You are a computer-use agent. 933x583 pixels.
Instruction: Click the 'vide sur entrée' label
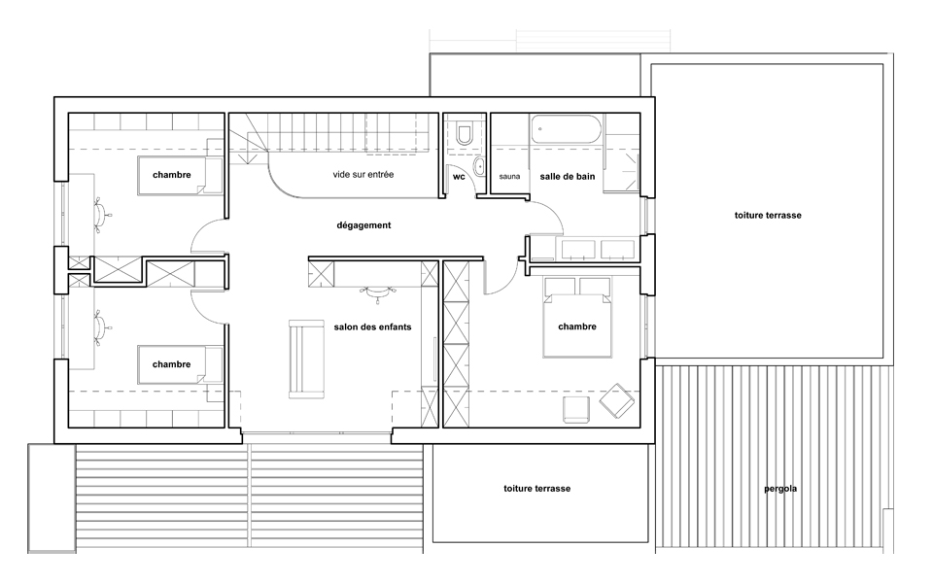tap(363, 174)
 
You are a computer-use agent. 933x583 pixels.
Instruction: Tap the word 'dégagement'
tap(363, 225)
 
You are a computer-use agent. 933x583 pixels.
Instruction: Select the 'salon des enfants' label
tap(372, 326)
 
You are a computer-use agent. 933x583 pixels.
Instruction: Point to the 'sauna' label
tap(509, 177)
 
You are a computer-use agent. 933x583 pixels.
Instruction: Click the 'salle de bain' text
tap(567, 176)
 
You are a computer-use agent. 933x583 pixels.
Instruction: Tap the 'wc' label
tap(459, 177)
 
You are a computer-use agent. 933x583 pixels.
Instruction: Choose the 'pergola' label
tap(780, 489)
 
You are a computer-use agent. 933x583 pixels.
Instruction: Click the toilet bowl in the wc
tap(464, 133)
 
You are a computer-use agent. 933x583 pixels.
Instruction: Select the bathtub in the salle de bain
tap(566, 129)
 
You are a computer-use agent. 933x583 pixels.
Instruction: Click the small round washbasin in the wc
tap(478, 166)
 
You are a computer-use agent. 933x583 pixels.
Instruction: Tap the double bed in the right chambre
tap(576, 318)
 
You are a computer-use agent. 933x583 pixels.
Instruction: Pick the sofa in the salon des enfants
tap(306, 360)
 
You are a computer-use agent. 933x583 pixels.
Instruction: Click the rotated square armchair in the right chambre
tap(617, 400)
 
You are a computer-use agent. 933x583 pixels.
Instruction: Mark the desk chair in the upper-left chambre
tap(102, 213)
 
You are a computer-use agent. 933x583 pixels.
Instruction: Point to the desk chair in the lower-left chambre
tap(102, 326)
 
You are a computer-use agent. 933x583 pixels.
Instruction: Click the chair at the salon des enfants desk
tap(377, 292)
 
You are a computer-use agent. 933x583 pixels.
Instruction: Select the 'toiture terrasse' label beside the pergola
tap(536, 489)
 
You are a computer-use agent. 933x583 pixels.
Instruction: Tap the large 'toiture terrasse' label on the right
tap(768, 216)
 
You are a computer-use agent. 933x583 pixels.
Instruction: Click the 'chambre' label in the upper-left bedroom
tap(171, 175)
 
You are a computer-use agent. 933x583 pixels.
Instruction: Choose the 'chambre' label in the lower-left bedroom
tap(171, 364)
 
